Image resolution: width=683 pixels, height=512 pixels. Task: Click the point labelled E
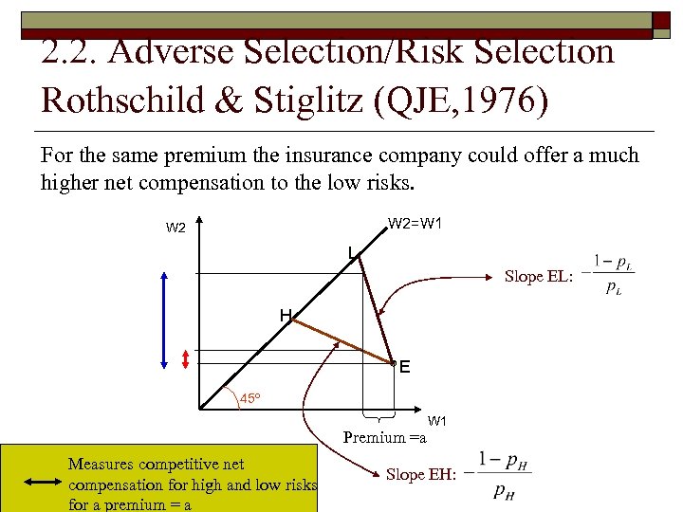[393, 362]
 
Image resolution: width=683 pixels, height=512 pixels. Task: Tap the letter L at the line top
[351, 252]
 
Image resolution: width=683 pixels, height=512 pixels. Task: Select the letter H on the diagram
[285, 315]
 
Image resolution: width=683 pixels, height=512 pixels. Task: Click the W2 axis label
[176, 228]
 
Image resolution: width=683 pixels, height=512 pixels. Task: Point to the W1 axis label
[437, 421]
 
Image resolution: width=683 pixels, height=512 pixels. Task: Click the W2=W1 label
[414, 224]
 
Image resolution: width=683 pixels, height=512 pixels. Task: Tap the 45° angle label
[250, 397]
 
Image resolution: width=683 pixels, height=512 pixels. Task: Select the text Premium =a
[384, 437]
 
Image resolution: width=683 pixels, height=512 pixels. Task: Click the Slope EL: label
[538, 276]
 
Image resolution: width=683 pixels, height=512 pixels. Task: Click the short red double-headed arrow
[185, 359]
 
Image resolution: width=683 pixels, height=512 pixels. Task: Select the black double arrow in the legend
[42, 482]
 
